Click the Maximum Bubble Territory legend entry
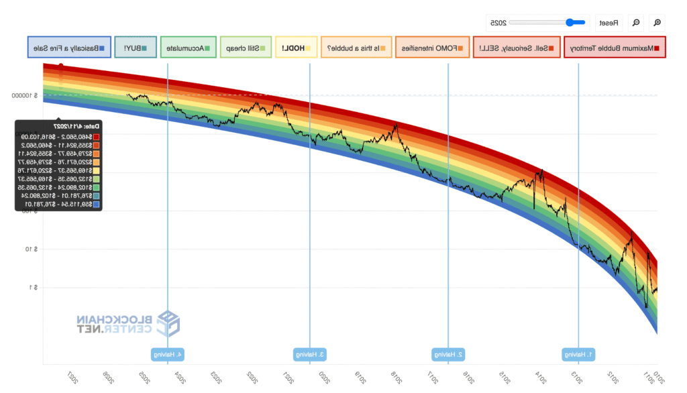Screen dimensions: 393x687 tap(615, 48)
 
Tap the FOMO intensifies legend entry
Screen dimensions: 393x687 tap(432, 48)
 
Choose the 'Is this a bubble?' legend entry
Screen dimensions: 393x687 tap(356, 48)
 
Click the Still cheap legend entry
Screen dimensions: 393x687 tap(246, 48)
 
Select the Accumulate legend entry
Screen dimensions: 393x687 tap(189, 48)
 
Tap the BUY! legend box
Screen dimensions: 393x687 tap(136, 48)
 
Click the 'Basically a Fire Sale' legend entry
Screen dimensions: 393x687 tap(69, 48)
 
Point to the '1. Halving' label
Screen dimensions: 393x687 tap(579, 354)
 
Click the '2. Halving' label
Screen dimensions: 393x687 tap(448, 354)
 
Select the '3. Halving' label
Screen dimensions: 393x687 tap(309, 354)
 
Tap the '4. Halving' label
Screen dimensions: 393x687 tap(168, 354)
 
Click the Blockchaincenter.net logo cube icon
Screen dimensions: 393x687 tap(168, 324)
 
